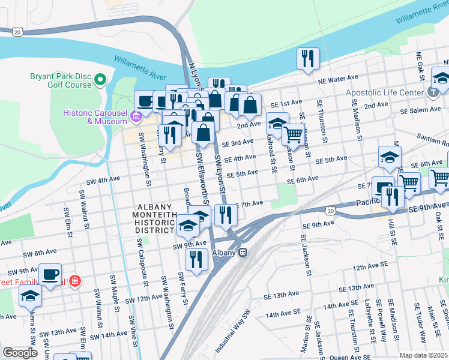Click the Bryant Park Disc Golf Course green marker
(x=100, y=79)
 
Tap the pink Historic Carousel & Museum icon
(x=137, y=116)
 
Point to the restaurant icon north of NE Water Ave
(x=307, y=59)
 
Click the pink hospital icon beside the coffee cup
(x=75, y=280)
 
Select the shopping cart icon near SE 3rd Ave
(x=293, y=134)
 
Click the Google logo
(x=20, y=352)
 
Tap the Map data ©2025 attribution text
(x=423, y=355)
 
